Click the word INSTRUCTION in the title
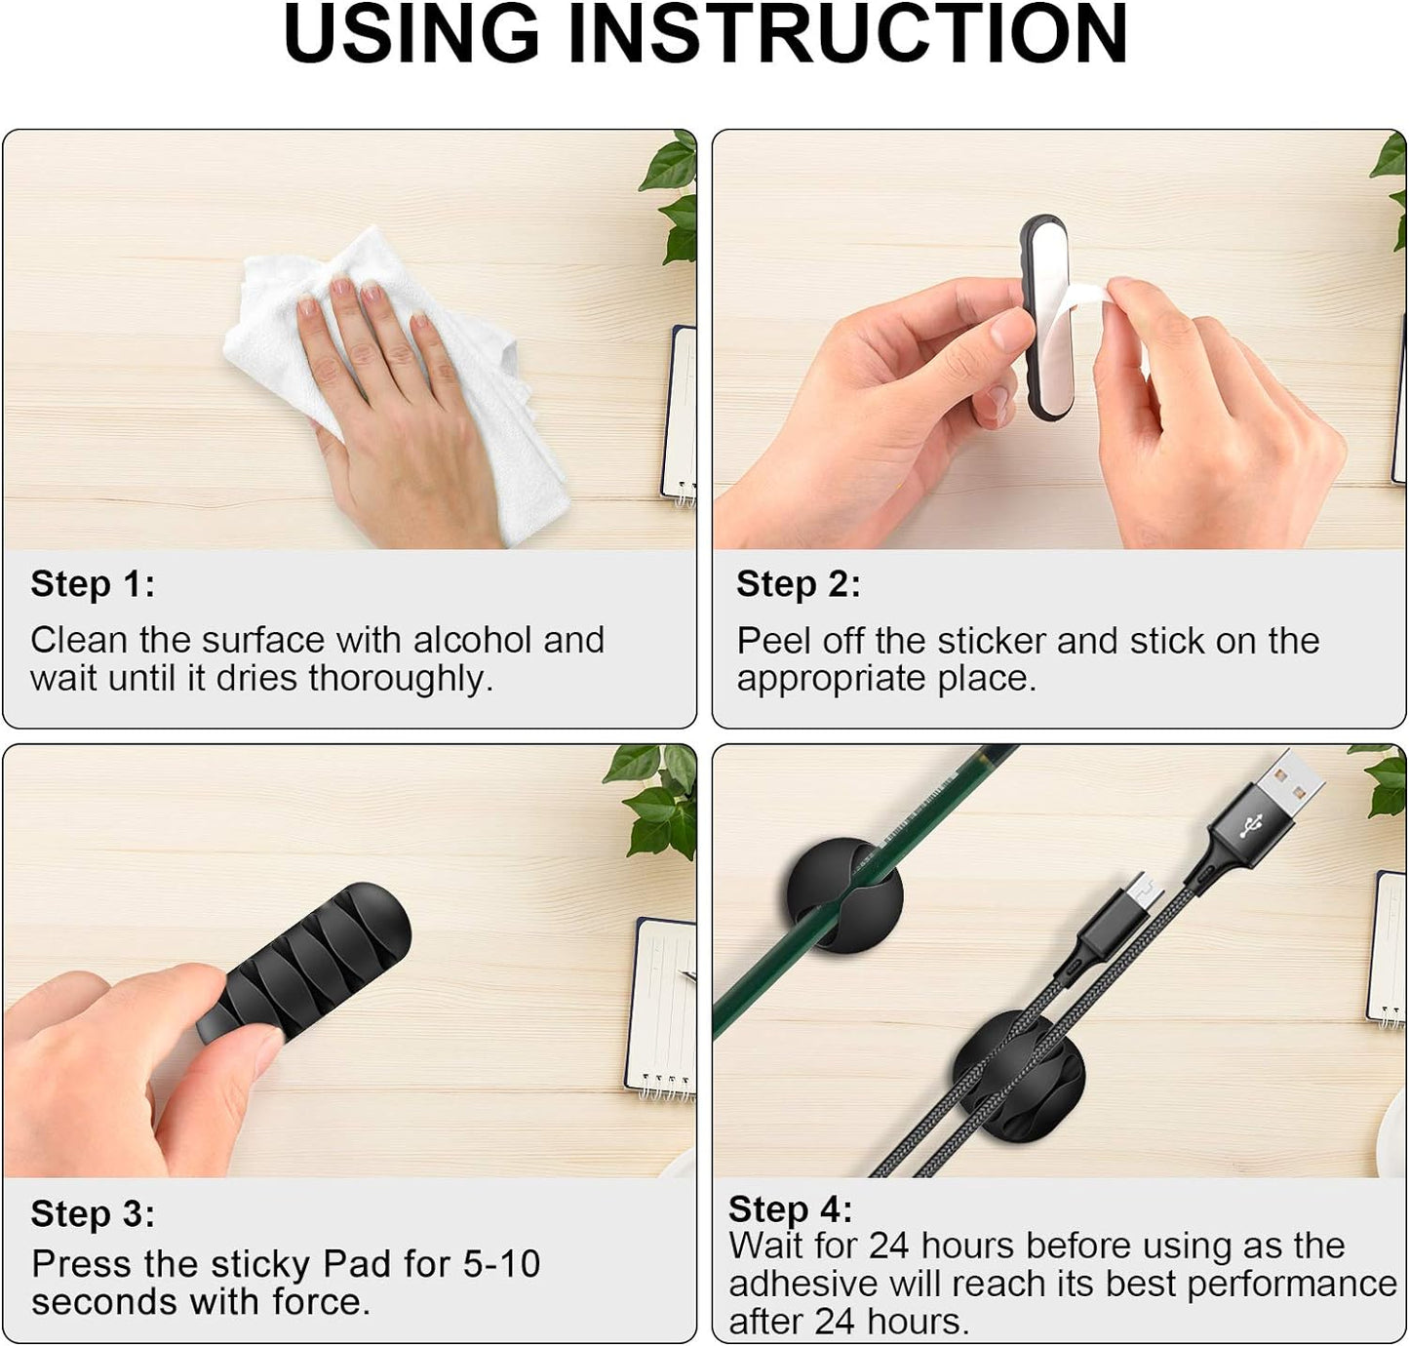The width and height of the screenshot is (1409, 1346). click(x=848, y=35)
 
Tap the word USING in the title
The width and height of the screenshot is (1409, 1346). click(x=411, y=35)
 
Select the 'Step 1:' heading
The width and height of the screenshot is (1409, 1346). click(x=93, y=584)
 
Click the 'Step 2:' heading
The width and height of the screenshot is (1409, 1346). click(x=799, y=584)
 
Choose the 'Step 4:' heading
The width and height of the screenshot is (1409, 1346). click(x=791, y=1209)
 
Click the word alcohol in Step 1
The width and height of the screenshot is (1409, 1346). click(x=472, y=641)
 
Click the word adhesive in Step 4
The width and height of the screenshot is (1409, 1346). click(x=802, y=1285)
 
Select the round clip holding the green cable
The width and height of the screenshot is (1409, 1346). click(x=844, y=896)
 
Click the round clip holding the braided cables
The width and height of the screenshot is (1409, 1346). click(x=1019, y=1075)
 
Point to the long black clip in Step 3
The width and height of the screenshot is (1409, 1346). click(x=305, y=962)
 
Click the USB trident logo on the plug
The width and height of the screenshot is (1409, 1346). click(x=1251, y=826)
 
